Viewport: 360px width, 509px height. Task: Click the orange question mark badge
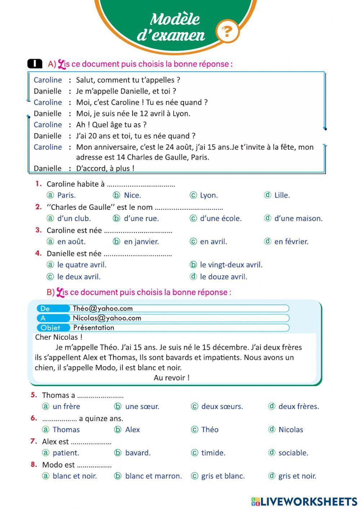coord(227,32)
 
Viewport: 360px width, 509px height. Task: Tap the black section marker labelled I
coord(35,64)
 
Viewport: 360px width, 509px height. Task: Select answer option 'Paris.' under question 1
coord(66,195)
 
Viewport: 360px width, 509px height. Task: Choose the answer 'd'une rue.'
coord(141,218)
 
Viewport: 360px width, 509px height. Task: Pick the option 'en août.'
coord(71,241)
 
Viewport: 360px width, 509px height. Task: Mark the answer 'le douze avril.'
coord(223,277)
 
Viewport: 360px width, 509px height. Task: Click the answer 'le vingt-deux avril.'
coord(231,265)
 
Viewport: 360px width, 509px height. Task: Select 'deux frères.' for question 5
coord(298,406)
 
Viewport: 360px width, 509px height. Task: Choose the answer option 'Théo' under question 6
coord(210,429)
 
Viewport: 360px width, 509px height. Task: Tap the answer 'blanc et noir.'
coord(75,476)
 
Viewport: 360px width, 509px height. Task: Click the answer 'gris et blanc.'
coord(222,476)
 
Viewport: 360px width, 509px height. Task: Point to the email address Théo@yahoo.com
coord(103,308)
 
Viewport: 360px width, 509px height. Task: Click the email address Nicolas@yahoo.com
coord(107,318)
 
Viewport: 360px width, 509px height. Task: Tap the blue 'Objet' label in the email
coord(50,328)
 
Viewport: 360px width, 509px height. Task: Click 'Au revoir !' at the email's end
coord(171,378)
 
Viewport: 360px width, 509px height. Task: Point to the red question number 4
coord(39,253)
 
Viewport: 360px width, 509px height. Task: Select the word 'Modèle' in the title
coord(175,19)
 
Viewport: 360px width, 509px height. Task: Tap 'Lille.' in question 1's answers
coord(282,195)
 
